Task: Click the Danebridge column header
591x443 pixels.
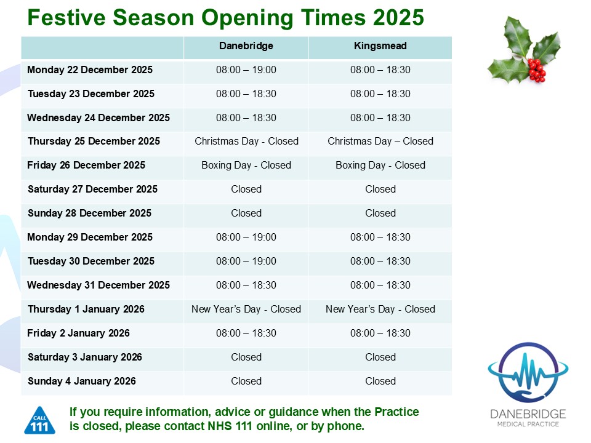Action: point(246,46)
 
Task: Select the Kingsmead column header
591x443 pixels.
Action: point(380,46)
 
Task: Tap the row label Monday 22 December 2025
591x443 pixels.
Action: point(90,70)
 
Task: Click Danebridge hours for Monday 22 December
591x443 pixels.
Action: point(246,70)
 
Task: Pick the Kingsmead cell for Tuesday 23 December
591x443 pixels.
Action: point(380,94)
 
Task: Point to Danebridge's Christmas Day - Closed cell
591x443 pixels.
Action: point(246,142)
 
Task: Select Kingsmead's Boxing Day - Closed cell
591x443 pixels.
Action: point(380,166)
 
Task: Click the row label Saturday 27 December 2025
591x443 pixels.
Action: point(93,189)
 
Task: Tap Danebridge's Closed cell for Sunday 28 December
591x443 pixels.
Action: point(246,214)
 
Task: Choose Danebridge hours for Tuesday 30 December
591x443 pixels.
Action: point(246,261)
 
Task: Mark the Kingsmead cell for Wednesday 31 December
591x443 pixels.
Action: point(380,285)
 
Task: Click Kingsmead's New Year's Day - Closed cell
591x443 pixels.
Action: point(380,309)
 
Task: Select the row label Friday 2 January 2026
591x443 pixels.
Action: point(78,333)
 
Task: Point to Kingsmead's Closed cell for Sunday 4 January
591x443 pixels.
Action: point(380,381)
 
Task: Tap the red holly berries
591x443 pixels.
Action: point(537,70)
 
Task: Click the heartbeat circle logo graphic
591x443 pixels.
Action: point(528,372)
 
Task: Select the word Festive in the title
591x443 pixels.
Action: point(66,17)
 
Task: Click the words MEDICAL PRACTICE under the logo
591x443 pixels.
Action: point(528,424)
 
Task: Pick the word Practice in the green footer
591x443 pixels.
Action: point(396,412)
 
